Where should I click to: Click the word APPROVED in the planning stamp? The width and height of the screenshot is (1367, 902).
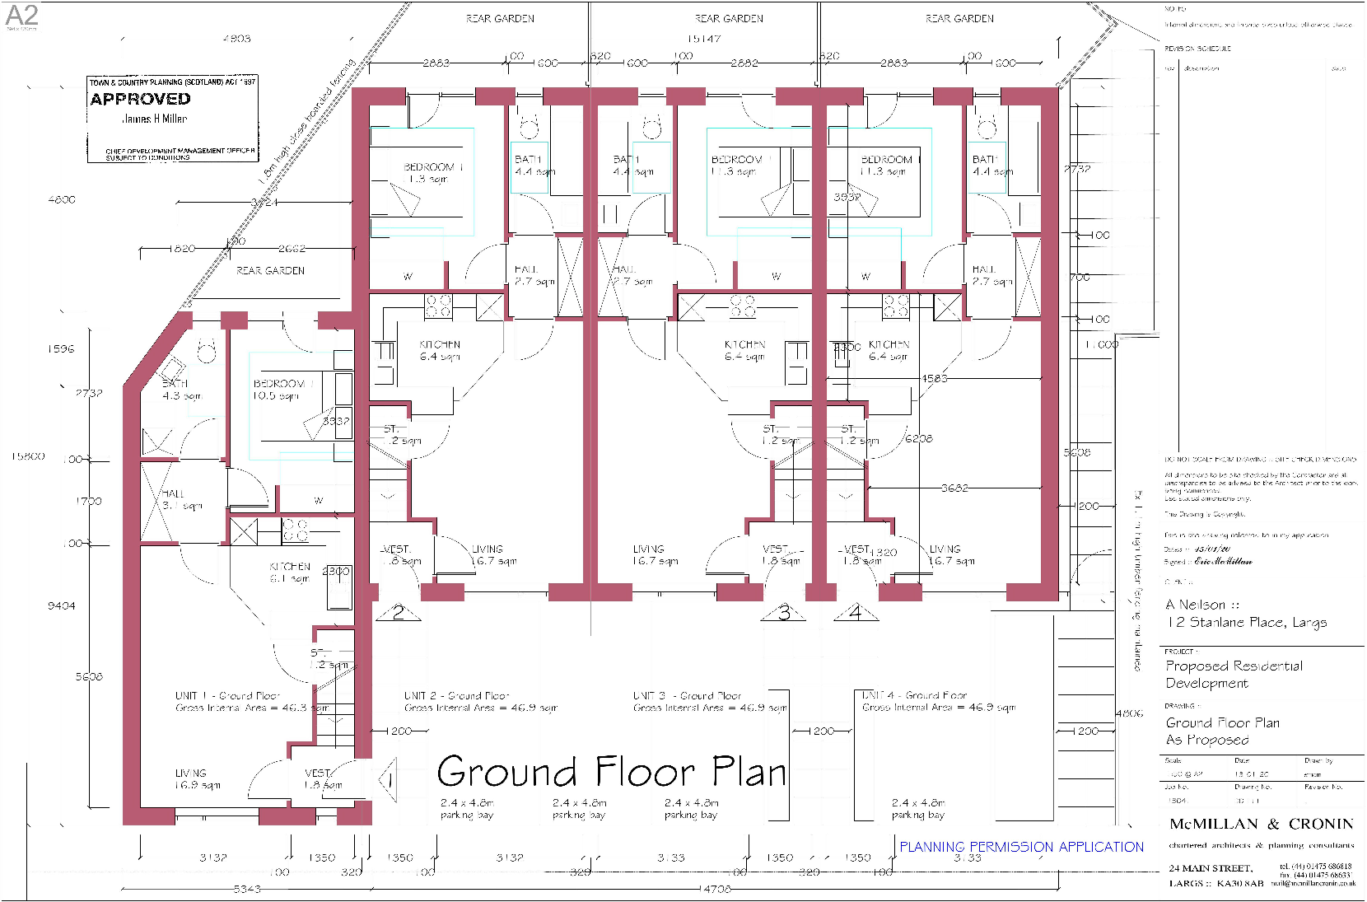coord(140,99)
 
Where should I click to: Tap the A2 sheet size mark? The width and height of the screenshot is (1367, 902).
coord(21,15)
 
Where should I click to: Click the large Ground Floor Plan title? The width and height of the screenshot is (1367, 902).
coord(611,772)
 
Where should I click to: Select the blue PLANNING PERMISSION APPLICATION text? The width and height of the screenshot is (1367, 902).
coord(1021,847)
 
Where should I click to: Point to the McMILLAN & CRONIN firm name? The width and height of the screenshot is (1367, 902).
coord(1261,824)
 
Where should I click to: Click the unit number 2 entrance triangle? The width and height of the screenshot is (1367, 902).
coord(399,613)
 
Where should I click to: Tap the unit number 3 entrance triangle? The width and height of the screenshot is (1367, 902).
coord(784,613)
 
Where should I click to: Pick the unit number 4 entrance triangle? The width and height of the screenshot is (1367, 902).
coord(856,613)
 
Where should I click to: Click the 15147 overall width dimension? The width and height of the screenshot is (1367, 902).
coord(704,39)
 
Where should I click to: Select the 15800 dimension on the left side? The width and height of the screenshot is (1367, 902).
coord(28,456)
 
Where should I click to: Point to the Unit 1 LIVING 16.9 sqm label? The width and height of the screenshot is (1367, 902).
coord(198,779)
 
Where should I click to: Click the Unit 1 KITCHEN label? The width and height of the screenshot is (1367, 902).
coord(290,567)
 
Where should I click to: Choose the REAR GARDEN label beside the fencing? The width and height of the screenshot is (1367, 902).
coord(270,270)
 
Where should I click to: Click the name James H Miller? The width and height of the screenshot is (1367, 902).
coord(155,119)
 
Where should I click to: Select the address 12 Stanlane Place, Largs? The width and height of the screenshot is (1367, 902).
coord(1246,623)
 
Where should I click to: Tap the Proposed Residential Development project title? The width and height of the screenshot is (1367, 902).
coord(1234,675)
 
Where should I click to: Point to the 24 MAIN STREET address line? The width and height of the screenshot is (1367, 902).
coord(1211,868)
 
